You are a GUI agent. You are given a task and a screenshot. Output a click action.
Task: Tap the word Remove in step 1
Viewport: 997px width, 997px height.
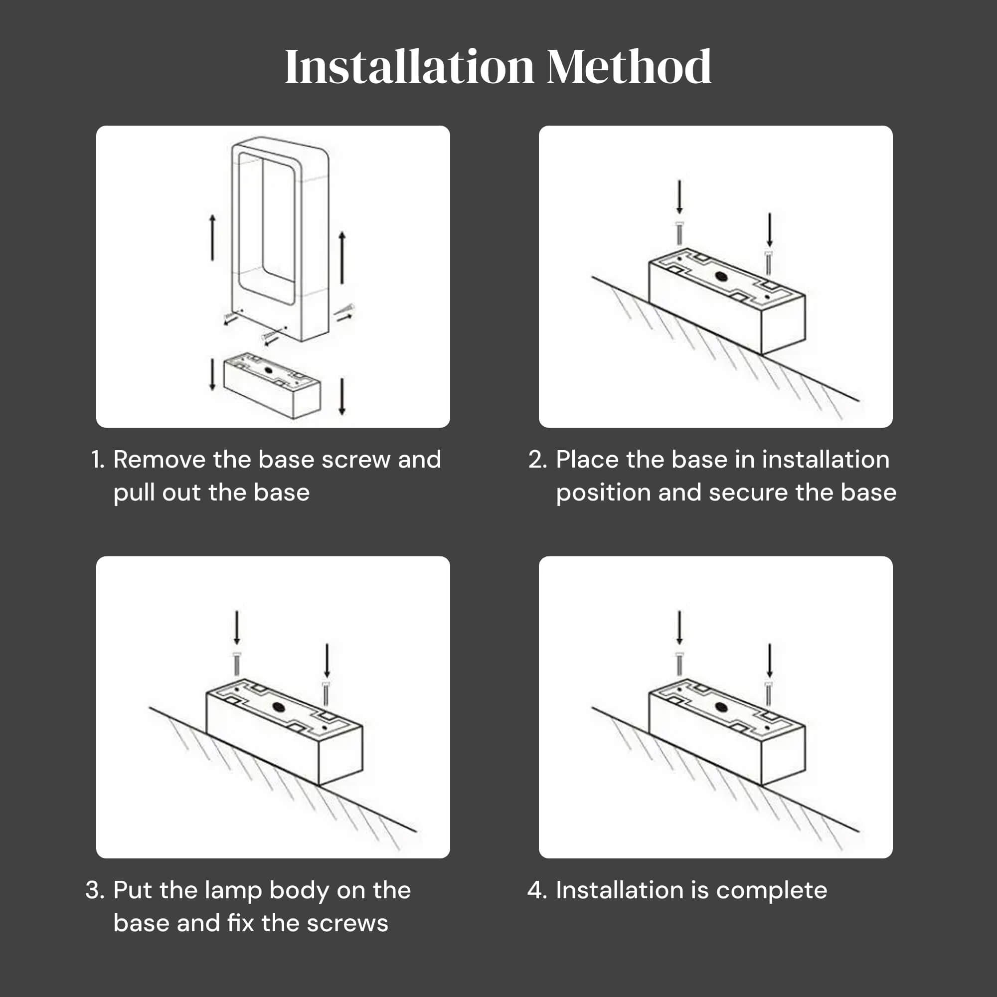pos(160,459)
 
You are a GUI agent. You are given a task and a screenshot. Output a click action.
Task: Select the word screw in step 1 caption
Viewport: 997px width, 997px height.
pos(356,460)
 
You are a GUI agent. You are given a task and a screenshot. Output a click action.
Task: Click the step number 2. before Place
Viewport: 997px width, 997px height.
pos(538,459)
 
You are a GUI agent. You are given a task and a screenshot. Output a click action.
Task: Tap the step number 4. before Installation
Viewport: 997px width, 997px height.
pos(537,890)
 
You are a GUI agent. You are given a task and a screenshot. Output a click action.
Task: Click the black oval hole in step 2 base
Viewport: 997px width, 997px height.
pos(721,277)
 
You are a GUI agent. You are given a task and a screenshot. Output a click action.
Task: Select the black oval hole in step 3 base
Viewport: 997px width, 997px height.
pos(279,707)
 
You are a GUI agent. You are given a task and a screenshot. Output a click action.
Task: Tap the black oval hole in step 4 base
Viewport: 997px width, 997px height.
pos(721,707)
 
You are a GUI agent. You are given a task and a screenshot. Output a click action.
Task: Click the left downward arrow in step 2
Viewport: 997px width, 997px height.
pos(679,197)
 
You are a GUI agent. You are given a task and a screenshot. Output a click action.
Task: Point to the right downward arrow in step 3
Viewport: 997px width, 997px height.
pos(327,661)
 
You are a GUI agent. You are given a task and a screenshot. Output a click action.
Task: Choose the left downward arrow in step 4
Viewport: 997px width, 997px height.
pos(679,628)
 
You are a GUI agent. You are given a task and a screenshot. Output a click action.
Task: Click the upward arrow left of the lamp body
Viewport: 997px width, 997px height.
pos(212,238)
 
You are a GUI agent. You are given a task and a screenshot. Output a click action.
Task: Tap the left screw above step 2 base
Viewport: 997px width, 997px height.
pos(679,233)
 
